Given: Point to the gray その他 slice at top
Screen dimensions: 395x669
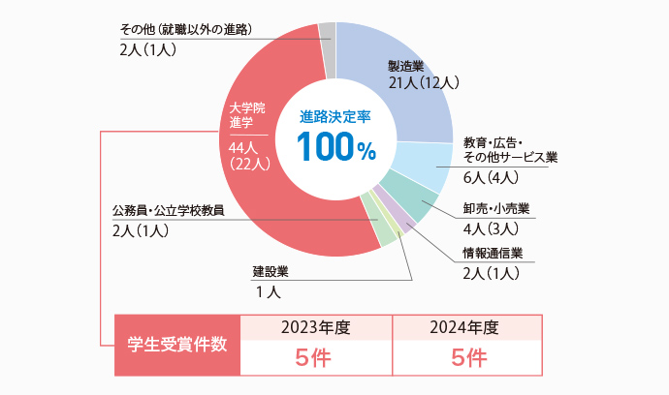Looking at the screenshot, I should point(327,37).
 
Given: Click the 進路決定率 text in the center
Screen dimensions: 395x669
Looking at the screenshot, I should point(335,115).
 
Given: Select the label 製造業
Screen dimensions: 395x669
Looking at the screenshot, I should point(406,66).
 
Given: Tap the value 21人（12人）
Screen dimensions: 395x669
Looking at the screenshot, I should point(423,83).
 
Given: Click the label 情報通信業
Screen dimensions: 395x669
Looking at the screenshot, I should point(494,254).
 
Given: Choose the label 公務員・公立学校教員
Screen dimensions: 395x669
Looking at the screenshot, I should point(169,210).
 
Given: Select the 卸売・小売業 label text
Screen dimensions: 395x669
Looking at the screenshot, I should point(496,209).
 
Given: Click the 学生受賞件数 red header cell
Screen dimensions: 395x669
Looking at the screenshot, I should point(177,345).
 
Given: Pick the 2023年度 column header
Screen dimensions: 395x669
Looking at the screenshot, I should point(315,326).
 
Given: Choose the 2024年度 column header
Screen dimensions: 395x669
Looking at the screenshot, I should point(468,326).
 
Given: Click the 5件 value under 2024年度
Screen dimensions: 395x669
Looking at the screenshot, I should point(468,358).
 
